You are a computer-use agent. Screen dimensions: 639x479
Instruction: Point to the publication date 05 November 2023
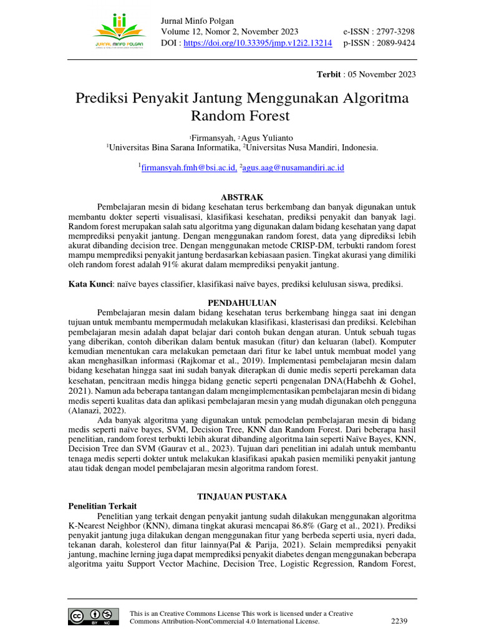pos(380,75)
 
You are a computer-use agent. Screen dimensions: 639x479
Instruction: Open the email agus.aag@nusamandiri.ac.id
pos(293,167)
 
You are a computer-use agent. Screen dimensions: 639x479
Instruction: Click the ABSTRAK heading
pos(243,197)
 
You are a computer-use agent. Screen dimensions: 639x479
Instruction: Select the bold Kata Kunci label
pos(90,284)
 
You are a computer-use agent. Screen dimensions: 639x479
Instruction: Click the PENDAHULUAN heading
pos(242,303)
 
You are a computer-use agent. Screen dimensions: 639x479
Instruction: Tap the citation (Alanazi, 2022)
pos(97,411)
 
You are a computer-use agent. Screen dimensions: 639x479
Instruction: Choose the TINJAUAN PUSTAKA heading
pos(242,496)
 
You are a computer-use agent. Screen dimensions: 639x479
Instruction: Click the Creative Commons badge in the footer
pos(94,616)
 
